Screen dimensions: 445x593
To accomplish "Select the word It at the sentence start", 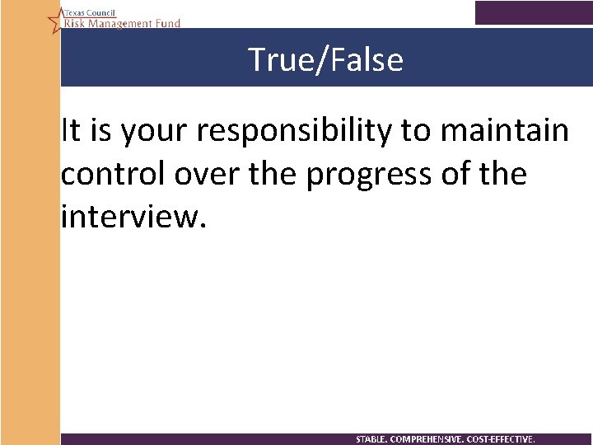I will (x=70, y=130).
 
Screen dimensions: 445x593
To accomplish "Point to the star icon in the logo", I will (x=55, y=19).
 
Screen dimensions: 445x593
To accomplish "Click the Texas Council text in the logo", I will (x=90, y=14).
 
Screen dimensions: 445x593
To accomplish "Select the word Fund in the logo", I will (x=166, y=24).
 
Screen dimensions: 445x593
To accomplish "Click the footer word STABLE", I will (x=373, y=439).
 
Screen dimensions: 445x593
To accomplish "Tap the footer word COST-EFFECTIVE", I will (x=501, y=439).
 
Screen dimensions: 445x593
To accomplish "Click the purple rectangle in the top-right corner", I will (x=533, y=12).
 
